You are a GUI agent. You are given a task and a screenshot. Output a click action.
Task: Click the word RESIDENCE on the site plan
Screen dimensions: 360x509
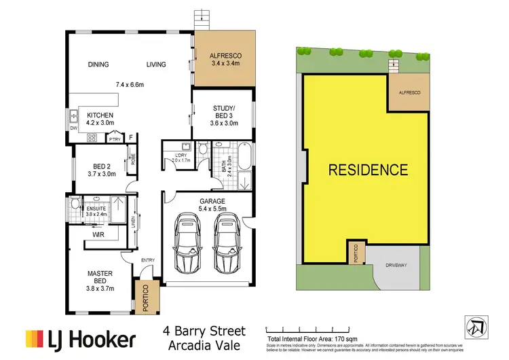pyautogui.click(x=368, y=170)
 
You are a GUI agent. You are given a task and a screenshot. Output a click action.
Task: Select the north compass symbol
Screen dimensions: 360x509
pyautogui.click(x=476, y=327)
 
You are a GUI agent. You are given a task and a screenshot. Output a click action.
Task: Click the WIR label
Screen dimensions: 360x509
pyautogui.click(x=98, y=234)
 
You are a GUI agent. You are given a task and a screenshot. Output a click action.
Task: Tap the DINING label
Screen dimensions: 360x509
pyautogui.click(x=99, y=65)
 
